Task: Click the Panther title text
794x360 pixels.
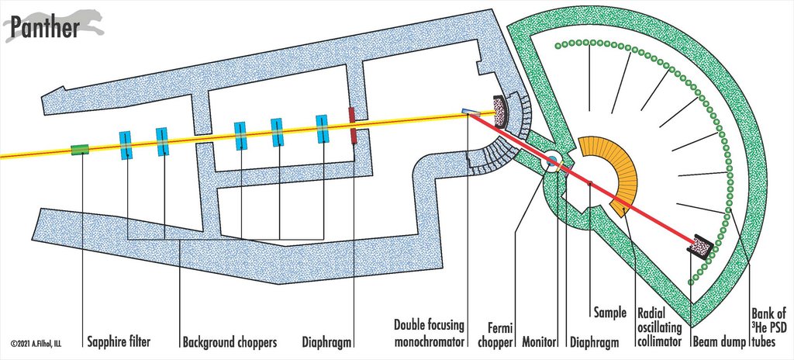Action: pyautogui.click(x=44, y=28)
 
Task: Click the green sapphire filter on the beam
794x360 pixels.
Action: pyautogui.click(x=80, y=150)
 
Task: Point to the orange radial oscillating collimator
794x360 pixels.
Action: pyautogui.click(x=611, y=175)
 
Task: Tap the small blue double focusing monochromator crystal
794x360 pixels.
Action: pyautogui.click(x=471, y=112)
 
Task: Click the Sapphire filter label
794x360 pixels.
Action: pyautogui.click(x=119, y=342)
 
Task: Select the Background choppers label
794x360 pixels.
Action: pyautogui.click(x=230, y=343)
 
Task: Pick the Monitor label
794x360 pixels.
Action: pyautogui.click(x=540, y=342)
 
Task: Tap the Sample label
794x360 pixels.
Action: pyautogui.click(x=610, y=313)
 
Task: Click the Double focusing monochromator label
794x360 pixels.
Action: pyautogui.click(x=430, y=334)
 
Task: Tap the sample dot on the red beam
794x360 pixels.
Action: pyautogui.click(x=589, y=182)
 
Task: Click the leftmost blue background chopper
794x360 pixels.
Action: pyautogui.click(x=126, y=145)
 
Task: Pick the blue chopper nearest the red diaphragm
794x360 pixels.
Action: pyautogui.click(x=322, y=129)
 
